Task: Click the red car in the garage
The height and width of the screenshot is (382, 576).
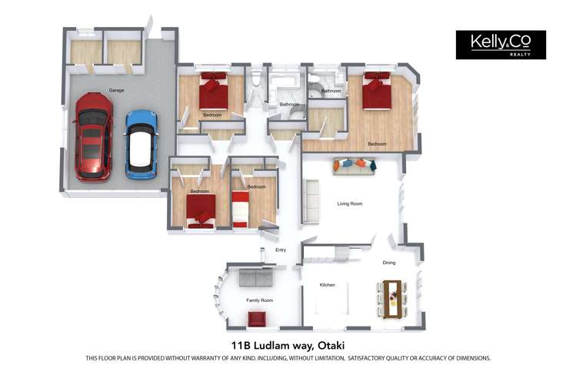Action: [94, 137]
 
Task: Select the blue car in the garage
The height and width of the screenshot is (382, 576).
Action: [142, 145]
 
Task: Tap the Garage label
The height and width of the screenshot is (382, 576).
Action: [116, 90]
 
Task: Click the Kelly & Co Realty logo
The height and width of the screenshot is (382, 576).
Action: [501, 45]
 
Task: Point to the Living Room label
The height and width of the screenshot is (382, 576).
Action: [350, 203]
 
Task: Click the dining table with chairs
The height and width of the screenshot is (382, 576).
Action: [392, 299]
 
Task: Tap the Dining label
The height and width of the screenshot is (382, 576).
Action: [388, 263]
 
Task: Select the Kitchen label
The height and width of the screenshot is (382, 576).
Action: [327, 285]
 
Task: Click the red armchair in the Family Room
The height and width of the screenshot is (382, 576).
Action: [257, 319]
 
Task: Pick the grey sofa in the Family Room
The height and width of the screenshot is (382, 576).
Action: [256, 277]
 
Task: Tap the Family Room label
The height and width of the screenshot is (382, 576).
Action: [260, 300]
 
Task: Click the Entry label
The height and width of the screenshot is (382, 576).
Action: [281, 250]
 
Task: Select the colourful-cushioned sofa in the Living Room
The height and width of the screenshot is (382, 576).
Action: [355, 166]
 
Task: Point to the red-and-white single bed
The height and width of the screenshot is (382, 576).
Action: [240, 209]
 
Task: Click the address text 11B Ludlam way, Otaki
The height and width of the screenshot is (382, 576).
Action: [288, 346]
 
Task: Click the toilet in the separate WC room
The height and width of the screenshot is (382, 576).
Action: [256, 79]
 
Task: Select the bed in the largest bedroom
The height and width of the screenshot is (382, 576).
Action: [377, 91]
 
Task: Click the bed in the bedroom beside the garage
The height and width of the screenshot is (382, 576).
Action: [214, 91]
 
